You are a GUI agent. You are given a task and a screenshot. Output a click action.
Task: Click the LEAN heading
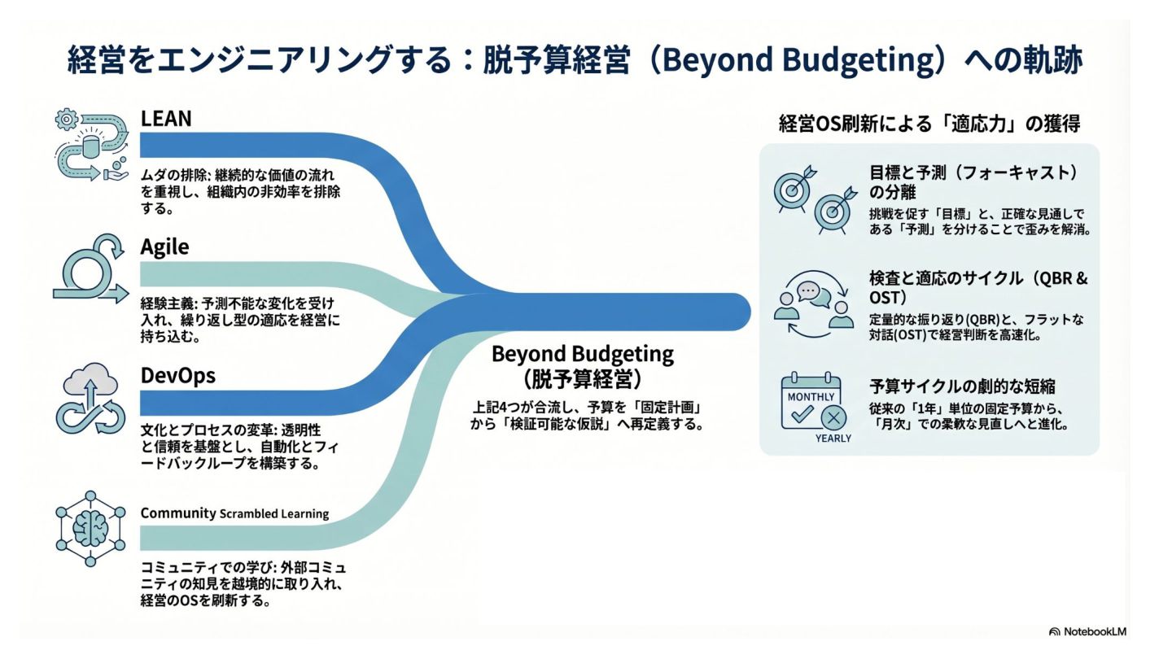click(x=165, y=119)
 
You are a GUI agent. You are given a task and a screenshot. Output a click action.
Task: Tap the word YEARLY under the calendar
click(x=833, y=439)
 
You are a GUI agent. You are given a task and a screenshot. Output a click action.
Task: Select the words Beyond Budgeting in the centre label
click(x=583, y=355)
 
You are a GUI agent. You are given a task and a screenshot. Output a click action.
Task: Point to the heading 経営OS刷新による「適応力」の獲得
click(x=929, y=124)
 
